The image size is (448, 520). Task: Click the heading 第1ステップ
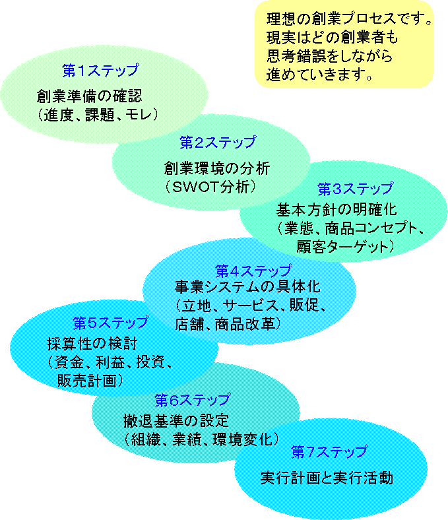tap(100, 69)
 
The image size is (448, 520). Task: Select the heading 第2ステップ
tap(217, 141)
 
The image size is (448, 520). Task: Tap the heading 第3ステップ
tap(355, 189)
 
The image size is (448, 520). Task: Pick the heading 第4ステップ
tap(253, 271)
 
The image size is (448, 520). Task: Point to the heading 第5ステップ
tap(110, 323)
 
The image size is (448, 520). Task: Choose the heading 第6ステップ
tap(192, 400)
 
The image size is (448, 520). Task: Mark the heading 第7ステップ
tap(329, 452)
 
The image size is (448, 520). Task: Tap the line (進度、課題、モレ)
tap(98, 114)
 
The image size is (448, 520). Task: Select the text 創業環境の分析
tap(217, 168)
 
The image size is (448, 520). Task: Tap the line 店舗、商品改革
tap(228, 324)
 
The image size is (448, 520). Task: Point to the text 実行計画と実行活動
tap(327, 478)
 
